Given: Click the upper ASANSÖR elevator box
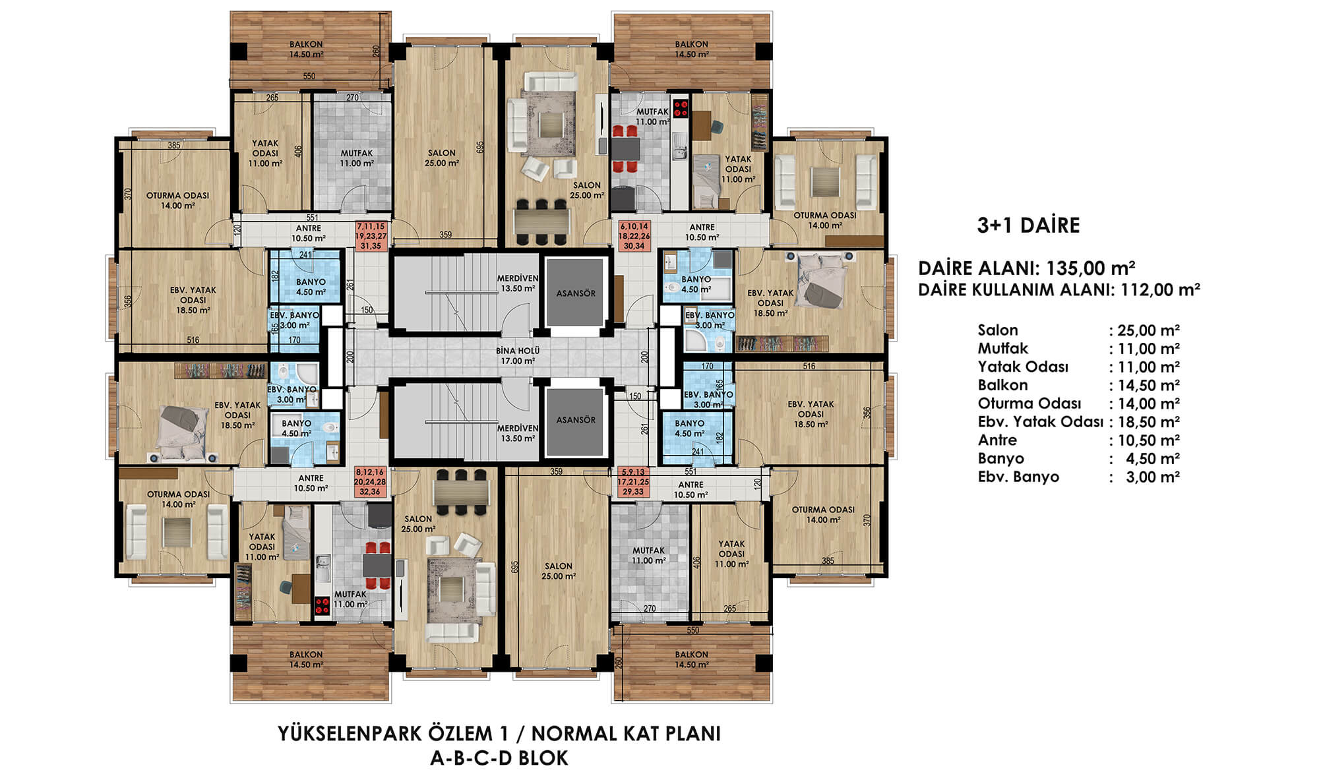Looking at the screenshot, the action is [575, 293].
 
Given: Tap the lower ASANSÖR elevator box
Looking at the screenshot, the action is [575, 420].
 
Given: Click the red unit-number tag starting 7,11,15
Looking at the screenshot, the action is [371, 236].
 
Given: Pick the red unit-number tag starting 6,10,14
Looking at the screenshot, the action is [634, 236].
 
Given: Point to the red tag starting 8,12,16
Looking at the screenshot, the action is [370, 482].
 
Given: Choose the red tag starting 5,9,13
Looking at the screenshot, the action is [634, 482].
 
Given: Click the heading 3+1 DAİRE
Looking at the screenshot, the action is [1028, 225].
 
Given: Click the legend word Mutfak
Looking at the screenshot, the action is [1002, 348].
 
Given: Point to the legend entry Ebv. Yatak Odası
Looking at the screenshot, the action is [1040, 421].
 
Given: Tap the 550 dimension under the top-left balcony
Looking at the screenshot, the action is [309, 76].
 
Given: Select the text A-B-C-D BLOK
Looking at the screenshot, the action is [499, 758].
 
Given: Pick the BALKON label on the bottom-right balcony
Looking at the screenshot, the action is [691, 655].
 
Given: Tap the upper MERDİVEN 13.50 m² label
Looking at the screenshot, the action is [518, 283].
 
